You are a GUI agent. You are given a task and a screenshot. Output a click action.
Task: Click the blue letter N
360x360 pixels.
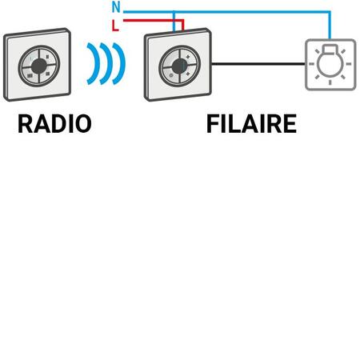point(116,7)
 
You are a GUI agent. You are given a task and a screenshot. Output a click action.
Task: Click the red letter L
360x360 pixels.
point(115,26)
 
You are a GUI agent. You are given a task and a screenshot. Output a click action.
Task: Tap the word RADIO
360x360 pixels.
point(54,124)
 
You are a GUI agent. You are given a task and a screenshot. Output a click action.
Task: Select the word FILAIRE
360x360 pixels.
point(251,124)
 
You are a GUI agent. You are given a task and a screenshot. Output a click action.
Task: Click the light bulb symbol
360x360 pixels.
point(330,65)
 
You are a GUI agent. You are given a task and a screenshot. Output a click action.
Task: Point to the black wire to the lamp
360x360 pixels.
point(258,64)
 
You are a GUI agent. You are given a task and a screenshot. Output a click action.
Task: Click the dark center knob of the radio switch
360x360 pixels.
point(39,66)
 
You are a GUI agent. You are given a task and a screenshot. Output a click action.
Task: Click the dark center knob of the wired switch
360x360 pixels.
point(179,66)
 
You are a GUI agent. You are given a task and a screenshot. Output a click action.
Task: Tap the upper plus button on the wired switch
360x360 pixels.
point(188,57)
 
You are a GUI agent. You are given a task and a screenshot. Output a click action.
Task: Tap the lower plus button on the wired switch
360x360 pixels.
point(188,74)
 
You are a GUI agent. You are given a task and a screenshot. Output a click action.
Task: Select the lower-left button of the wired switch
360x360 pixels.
point(170,75)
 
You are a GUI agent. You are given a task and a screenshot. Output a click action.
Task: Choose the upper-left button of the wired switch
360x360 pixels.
point(170,58)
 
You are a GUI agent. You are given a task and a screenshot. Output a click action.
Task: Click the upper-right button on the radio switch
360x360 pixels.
point(47,57)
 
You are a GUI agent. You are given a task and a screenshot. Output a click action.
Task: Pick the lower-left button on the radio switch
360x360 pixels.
point(30,75)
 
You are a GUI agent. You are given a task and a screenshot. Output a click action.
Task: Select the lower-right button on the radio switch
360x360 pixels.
point(47,74)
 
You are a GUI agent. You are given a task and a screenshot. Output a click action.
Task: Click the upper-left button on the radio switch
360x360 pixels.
point(30,58)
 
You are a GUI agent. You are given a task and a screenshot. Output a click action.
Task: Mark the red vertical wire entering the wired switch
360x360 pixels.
point(183,26)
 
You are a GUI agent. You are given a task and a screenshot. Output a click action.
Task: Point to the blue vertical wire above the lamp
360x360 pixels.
point(330,26)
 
